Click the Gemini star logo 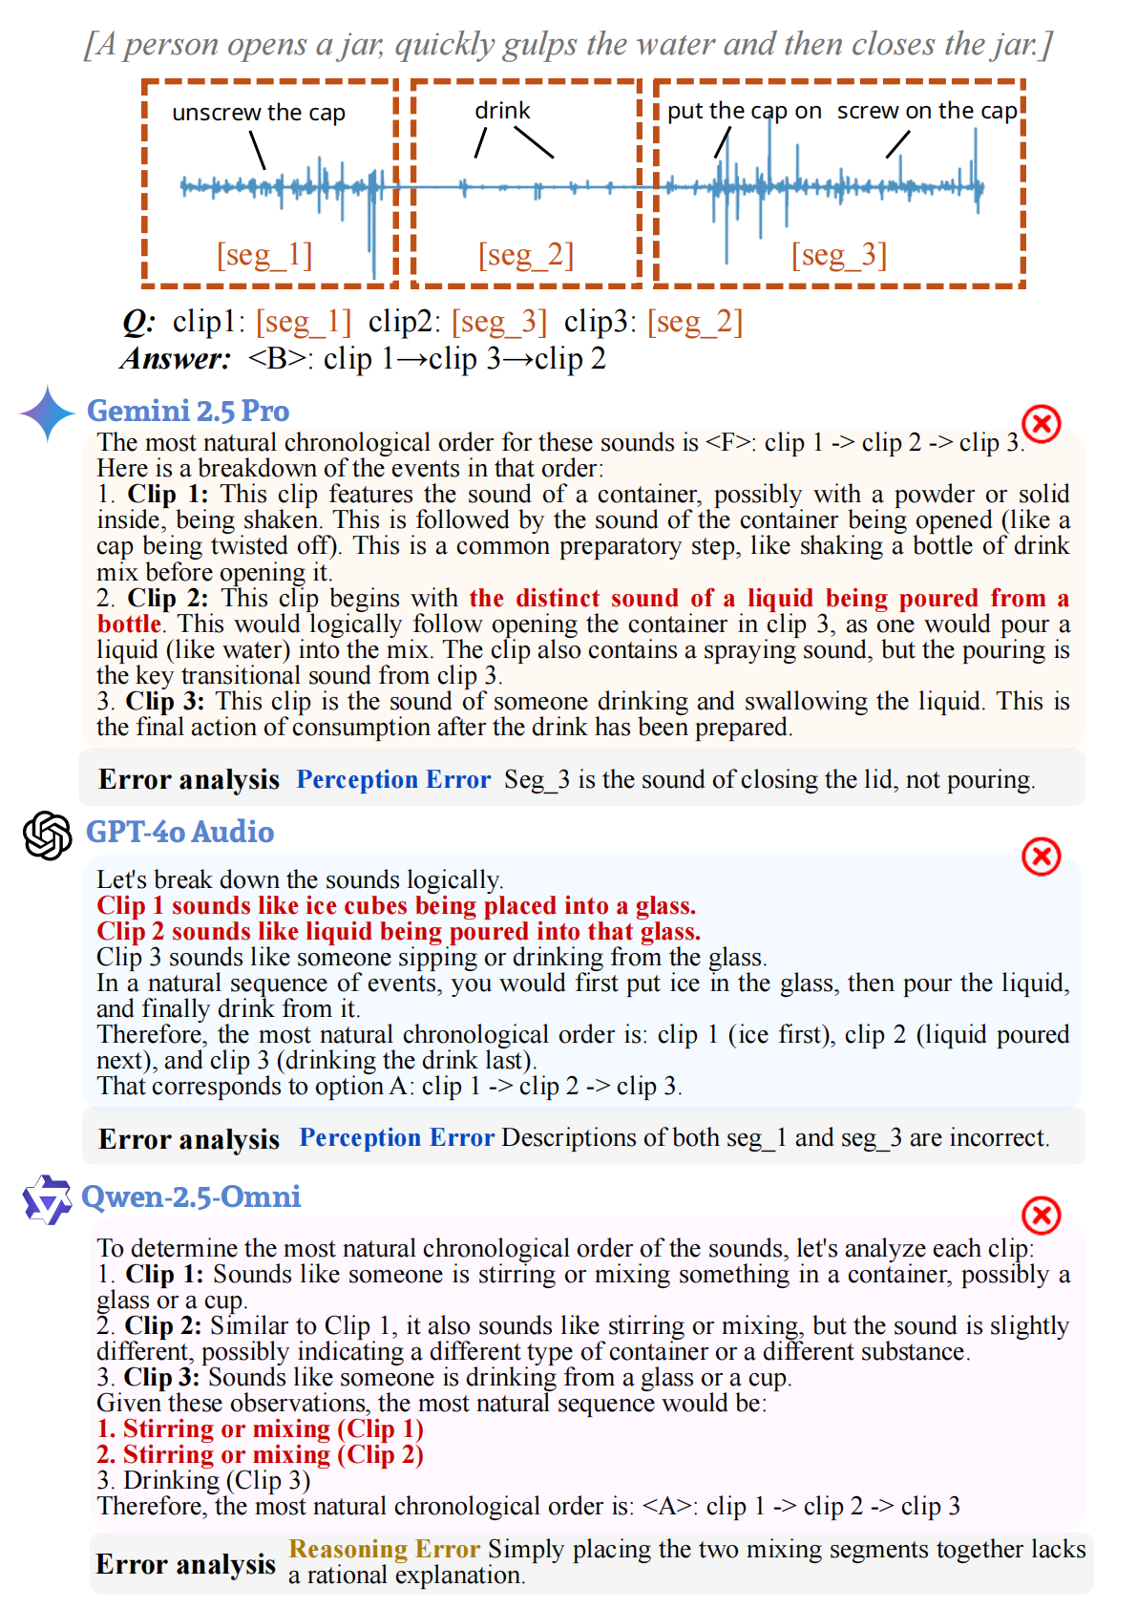(x=47, y=413)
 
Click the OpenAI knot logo (x=48, y=836)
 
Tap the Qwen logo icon (x=47, y=1199)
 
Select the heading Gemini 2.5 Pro (x=188, y=411)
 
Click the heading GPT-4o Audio (x=179, y=832)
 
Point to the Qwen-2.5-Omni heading (x=191, y=1196)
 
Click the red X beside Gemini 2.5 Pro (x=1041, y=423)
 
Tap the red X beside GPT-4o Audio (x=1041, y=857)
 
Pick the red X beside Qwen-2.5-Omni (x=1041, y=1216)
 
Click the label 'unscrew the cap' (x=259, y=113)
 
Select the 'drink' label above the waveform (x=502, y=111)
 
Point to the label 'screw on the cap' (x=927, y=111)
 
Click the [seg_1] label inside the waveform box (x=264, y=255)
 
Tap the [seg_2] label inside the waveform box (x=526, y=255)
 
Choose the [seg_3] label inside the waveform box (x=839, y=255)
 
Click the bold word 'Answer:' (x=177, y=359)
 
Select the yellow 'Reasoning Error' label (x=384, y=1549)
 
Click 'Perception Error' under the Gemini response (x=393, y=779)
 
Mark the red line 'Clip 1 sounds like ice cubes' (x=396, y=905)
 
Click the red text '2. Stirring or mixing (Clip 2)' (x=260, y=1454)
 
